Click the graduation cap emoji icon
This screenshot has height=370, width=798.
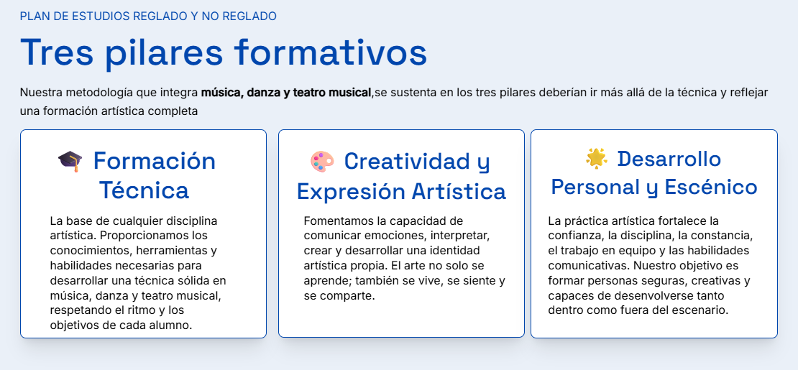[70, 161]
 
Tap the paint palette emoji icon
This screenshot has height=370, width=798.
[322, 161]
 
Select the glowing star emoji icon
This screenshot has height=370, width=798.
[597, 158]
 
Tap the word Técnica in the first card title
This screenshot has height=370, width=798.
[144, 190]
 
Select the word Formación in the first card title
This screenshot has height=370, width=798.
[155, 161]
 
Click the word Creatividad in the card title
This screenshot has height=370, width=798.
[405, 161]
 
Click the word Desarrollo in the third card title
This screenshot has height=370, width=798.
[669, 159]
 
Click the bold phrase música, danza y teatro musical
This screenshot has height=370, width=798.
[286, 93]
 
